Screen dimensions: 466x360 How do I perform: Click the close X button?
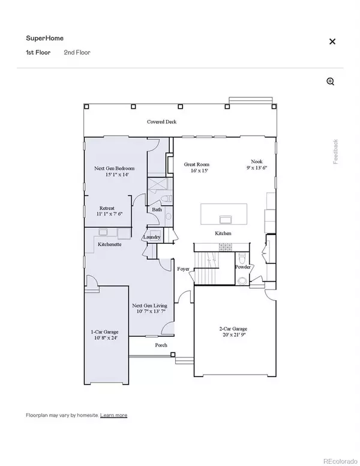[332, 41]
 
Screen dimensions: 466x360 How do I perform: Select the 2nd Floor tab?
[77, 53]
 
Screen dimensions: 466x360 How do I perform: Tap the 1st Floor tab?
[37, 53]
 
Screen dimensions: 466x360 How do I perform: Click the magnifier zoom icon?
[330, 82]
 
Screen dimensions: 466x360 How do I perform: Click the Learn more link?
[113, 415]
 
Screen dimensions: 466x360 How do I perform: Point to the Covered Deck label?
[162, 122]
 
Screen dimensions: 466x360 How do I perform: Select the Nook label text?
[257, 162]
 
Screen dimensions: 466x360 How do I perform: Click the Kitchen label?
[223, 233]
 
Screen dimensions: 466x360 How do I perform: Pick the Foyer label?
[183, 268]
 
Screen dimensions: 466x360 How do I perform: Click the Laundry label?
[151, 237]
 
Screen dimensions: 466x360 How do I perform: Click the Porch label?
[161, 345]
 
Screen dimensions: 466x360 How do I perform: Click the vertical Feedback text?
[336, 151]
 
